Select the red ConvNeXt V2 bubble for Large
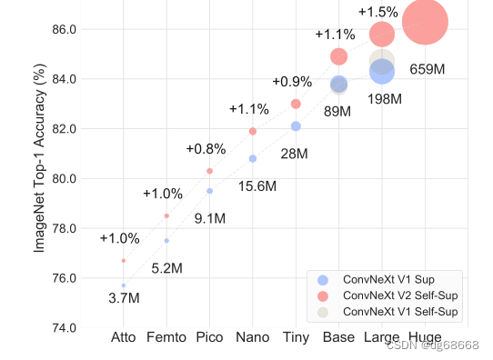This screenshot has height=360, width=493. click(382, 35)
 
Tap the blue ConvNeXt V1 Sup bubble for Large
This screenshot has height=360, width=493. click(382, 71)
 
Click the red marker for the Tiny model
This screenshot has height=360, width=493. click(296, 104)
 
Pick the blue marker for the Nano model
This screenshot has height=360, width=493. click(253, 158)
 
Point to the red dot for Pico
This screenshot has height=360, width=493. click(209, 171)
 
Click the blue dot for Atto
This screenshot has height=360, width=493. click(123, 285)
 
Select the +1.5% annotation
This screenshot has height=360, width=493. click(377, 12)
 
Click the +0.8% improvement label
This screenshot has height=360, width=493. click(206, 149)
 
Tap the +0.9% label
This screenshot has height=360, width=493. click(291, 83)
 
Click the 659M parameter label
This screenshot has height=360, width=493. click(427, 69)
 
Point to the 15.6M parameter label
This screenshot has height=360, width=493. click(257, 186)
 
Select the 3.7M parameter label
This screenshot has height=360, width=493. click(124, 298)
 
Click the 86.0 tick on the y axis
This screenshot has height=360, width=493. click(73, 30)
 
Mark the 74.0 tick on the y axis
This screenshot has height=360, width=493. click(73, 327)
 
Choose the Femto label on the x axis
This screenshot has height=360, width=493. click(166, 339)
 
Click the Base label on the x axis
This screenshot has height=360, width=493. click(338, 339)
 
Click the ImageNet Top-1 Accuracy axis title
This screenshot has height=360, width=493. click(40, 164)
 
